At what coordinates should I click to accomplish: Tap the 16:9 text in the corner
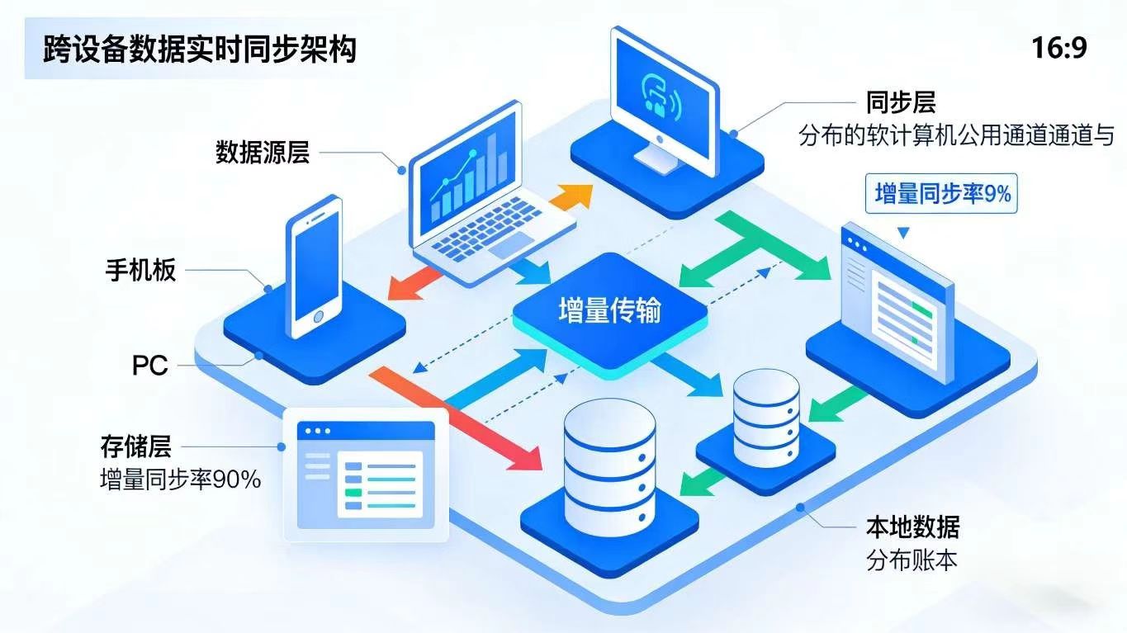click(x=1058, y=49)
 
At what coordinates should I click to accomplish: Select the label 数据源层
click(x=263, y=153)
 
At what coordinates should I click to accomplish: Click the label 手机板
click(x=140, y=271)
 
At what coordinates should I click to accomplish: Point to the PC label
click(x=150, y=365)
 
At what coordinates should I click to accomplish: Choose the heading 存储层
click(x=135, y=447)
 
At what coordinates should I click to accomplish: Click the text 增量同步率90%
click(x=180, y=479)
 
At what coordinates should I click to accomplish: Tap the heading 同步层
click(x=901, y=103)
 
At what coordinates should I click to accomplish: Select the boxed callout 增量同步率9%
click(x=942, y=194)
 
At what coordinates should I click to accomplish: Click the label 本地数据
click(x=912, y=527)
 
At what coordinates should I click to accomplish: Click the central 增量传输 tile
click(x=610, y=311)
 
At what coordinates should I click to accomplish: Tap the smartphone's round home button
click(x=317, y=317)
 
